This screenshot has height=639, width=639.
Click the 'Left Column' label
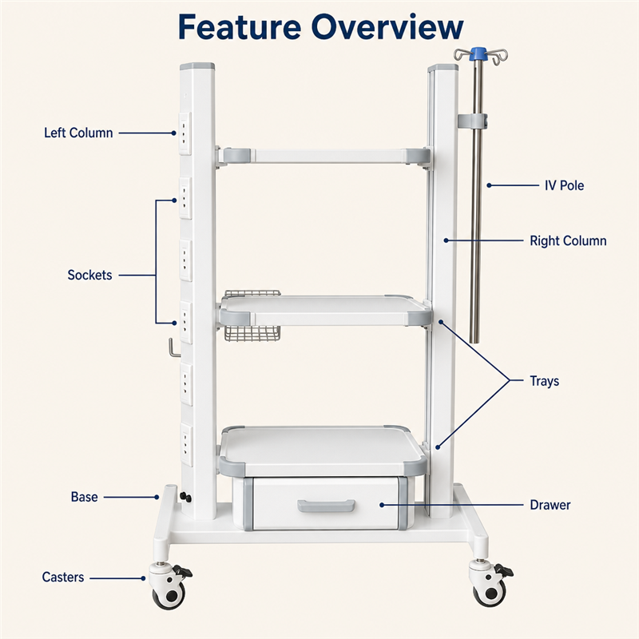coord(78,133)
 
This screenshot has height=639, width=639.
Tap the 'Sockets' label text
coord(89,275)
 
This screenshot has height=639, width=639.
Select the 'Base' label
coord(85,497)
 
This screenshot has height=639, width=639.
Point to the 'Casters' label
coord(63,577)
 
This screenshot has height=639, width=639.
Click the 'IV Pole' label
coord(565,185)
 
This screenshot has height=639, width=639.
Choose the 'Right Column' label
coord(568,241)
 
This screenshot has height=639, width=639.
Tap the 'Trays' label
coord(545,381)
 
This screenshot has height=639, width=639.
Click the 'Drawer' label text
coord(550,505)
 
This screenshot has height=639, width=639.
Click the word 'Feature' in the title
coord(240,27)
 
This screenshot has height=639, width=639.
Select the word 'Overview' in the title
coord(387,27)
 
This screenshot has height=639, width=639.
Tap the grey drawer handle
coord(326,506)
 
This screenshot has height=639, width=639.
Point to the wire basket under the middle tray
coord(252,333)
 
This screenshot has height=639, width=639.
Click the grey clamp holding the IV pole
coord(473,121)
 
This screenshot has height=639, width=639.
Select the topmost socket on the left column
coord(185,133)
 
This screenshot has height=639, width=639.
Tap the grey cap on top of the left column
coord(197,66)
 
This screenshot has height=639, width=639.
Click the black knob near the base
coord(185,497)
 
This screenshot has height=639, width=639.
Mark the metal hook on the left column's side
coord(173,347)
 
